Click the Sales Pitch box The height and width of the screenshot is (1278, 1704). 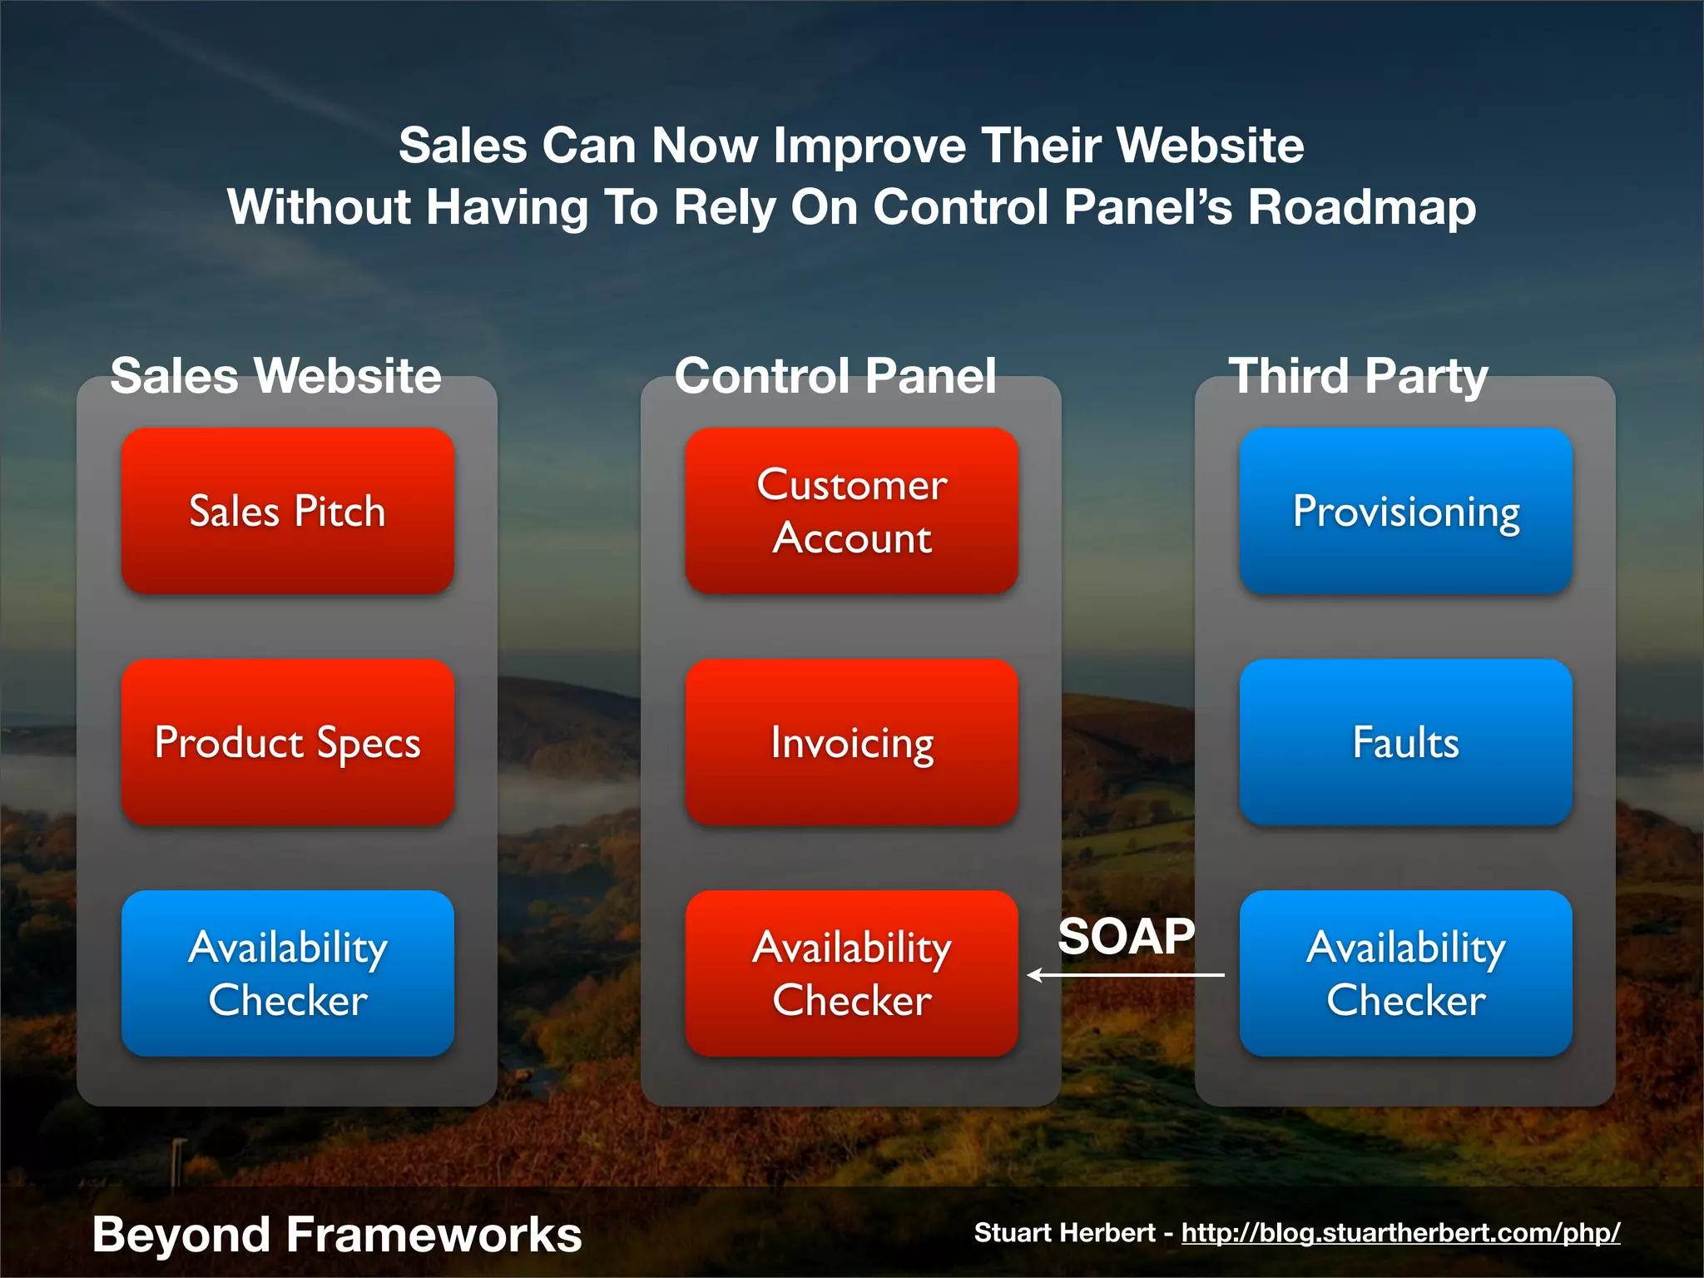coord(287,511)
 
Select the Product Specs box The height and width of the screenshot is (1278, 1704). coord(287,742)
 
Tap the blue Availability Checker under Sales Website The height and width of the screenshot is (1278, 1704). coord(287,973)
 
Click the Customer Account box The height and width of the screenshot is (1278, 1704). coord(851,511)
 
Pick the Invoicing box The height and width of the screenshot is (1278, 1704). coord(851,742)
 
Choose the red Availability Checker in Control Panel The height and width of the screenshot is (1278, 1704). coord(851,973)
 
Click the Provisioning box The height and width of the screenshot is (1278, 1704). coord(1405,511)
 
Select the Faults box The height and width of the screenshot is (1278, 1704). coord(1405,742)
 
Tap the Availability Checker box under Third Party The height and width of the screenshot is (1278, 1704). coord(1405,973)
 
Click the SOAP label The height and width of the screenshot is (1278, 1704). coord(1126,936)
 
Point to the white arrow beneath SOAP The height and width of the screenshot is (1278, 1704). coord(1126,974)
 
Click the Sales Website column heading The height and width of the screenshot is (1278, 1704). coord(275,375)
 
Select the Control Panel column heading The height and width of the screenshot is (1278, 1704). coord(835,375)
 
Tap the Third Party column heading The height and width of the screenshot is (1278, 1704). coord(1358,375)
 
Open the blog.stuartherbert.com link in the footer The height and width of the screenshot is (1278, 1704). coord(1400,1232)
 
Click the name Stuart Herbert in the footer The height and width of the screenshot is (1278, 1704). coord(1064,1232)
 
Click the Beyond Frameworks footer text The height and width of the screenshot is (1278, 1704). coord(337,1234)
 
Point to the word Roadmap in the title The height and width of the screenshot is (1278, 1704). coord(1361,206)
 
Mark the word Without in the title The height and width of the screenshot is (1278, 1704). coord(319,206)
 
